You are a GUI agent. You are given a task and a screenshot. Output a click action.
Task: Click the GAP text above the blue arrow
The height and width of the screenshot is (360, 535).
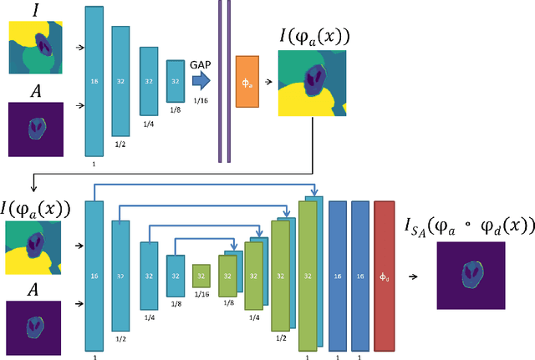click(201, 63)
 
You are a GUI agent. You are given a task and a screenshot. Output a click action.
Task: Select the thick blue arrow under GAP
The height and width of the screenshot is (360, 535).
click(200, 81)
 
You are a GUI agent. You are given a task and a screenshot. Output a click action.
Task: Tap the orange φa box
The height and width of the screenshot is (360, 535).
click(247, 83)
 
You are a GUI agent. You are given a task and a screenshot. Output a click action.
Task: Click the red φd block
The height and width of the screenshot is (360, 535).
click(384, 275)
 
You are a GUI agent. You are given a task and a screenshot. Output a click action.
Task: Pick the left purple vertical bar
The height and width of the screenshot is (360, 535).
click(221, 81)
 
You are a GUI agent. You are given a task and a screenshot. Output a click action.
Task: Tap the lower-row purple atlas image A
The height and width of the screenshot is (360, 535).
click(35, 312)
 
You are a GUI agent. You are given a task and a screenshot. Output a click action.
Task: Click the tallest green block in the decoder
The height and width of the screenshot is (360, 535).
click(308, 275)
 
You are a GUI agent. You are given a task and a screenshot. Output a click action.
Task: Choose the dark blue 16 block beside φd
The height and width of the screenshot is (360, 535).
click(361, 275)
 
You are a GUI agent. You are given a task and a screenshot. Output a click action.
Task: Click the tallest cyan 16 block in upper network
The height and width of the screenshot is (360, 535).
click(94, 81)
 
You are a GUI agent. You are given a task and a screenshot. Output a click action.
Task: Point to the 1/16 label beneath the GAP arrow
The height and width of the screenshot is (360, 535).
click(201, 100)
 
